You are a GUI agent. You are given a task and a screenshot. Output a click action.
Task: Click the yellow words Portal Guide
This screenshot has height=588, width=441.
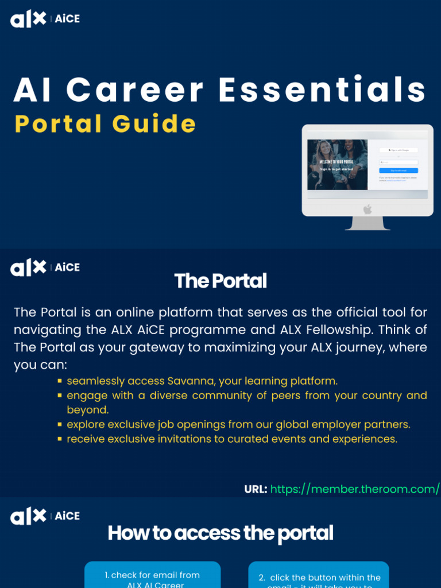[105, 124]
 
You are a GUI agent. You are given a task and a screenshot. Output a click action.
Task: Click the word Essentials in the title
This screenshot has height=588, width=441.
[322, 90]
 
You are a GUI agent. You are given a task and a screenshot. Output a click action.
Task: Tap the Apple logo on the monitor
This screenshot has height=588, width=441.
[367, 209]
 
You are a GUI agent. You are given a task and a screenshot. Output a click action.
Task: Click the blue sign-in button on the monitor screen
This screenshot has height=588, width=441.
[399, 171]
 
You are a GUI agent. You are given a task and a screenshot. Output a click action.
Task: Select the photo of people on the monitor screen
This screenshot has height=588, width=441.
[337, 164]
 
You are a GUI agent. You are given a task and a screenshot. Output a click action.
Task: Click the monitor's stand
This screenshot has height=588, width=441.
[367, 223]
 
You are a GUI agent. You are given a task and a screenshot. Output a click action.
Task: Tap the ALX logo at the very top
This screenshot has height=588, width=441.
[28, 19]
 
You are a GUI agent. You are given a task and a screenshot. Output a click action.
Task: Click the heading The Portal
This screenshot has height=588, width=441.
[220, 281]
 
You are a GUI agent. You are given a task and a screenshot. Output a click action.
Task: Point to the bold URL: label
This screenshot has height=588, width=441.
[256, 489]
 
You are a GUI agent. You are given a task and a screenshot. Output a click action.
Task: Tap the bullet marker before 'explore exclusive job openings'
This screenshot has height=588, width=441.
[60, 425]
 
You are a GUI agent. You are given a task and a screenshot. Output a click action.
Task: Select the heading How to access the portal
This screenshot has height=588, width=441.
[220, 533]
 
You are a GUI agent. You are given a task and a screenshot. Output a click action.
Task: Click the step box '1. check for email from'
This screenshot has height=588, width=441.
[152, 575]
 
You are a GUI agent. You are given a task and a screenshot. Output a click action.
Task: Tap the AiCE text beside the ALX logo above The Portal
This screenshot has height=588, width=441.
[67, 268]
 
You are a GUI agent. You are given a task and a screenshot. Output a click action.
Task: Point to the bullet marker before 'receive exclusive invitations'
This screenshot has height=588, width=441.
[60, 439]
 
